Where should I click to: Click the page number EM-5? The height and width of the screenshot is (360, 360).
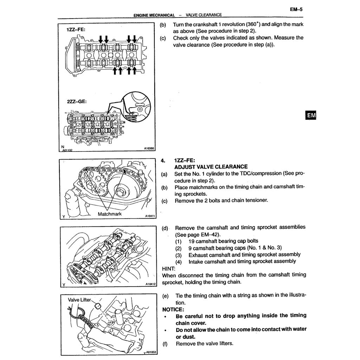296,10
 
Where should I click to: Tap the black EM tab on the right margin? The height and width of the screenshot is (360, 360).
311,115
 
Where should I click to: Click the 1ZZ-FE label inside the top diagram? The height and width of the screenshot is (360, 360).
76,30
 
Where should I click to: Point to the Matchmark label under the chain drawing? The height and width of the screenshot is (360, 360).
110,214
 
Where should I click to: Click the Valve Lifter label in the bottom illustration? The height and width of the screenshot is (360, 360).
79,300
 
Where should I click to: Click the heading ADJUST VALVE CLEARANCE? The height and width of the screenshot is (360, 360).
211,167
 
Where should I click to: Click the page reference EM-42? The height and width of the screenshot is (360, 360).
212,234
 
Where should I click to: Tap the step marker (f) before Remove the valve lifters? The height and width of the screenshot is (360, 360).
165,343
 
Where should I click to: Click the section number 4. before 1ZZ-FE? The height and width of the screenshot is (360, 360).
163,160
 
